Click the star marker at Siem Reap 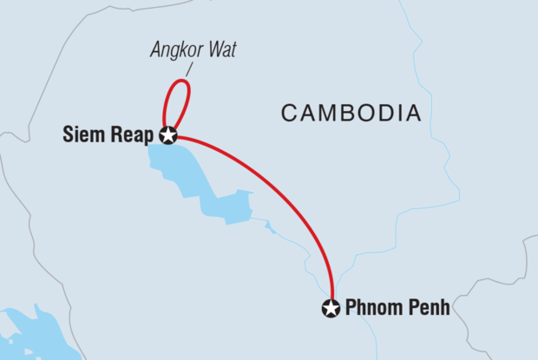167,134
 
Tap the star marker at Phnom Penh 331,308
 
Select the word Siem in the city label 83,134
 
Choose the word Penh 428,308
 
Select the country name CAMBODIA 351,113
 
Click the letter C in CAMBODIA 288,113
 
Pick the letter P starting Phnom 351,308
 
